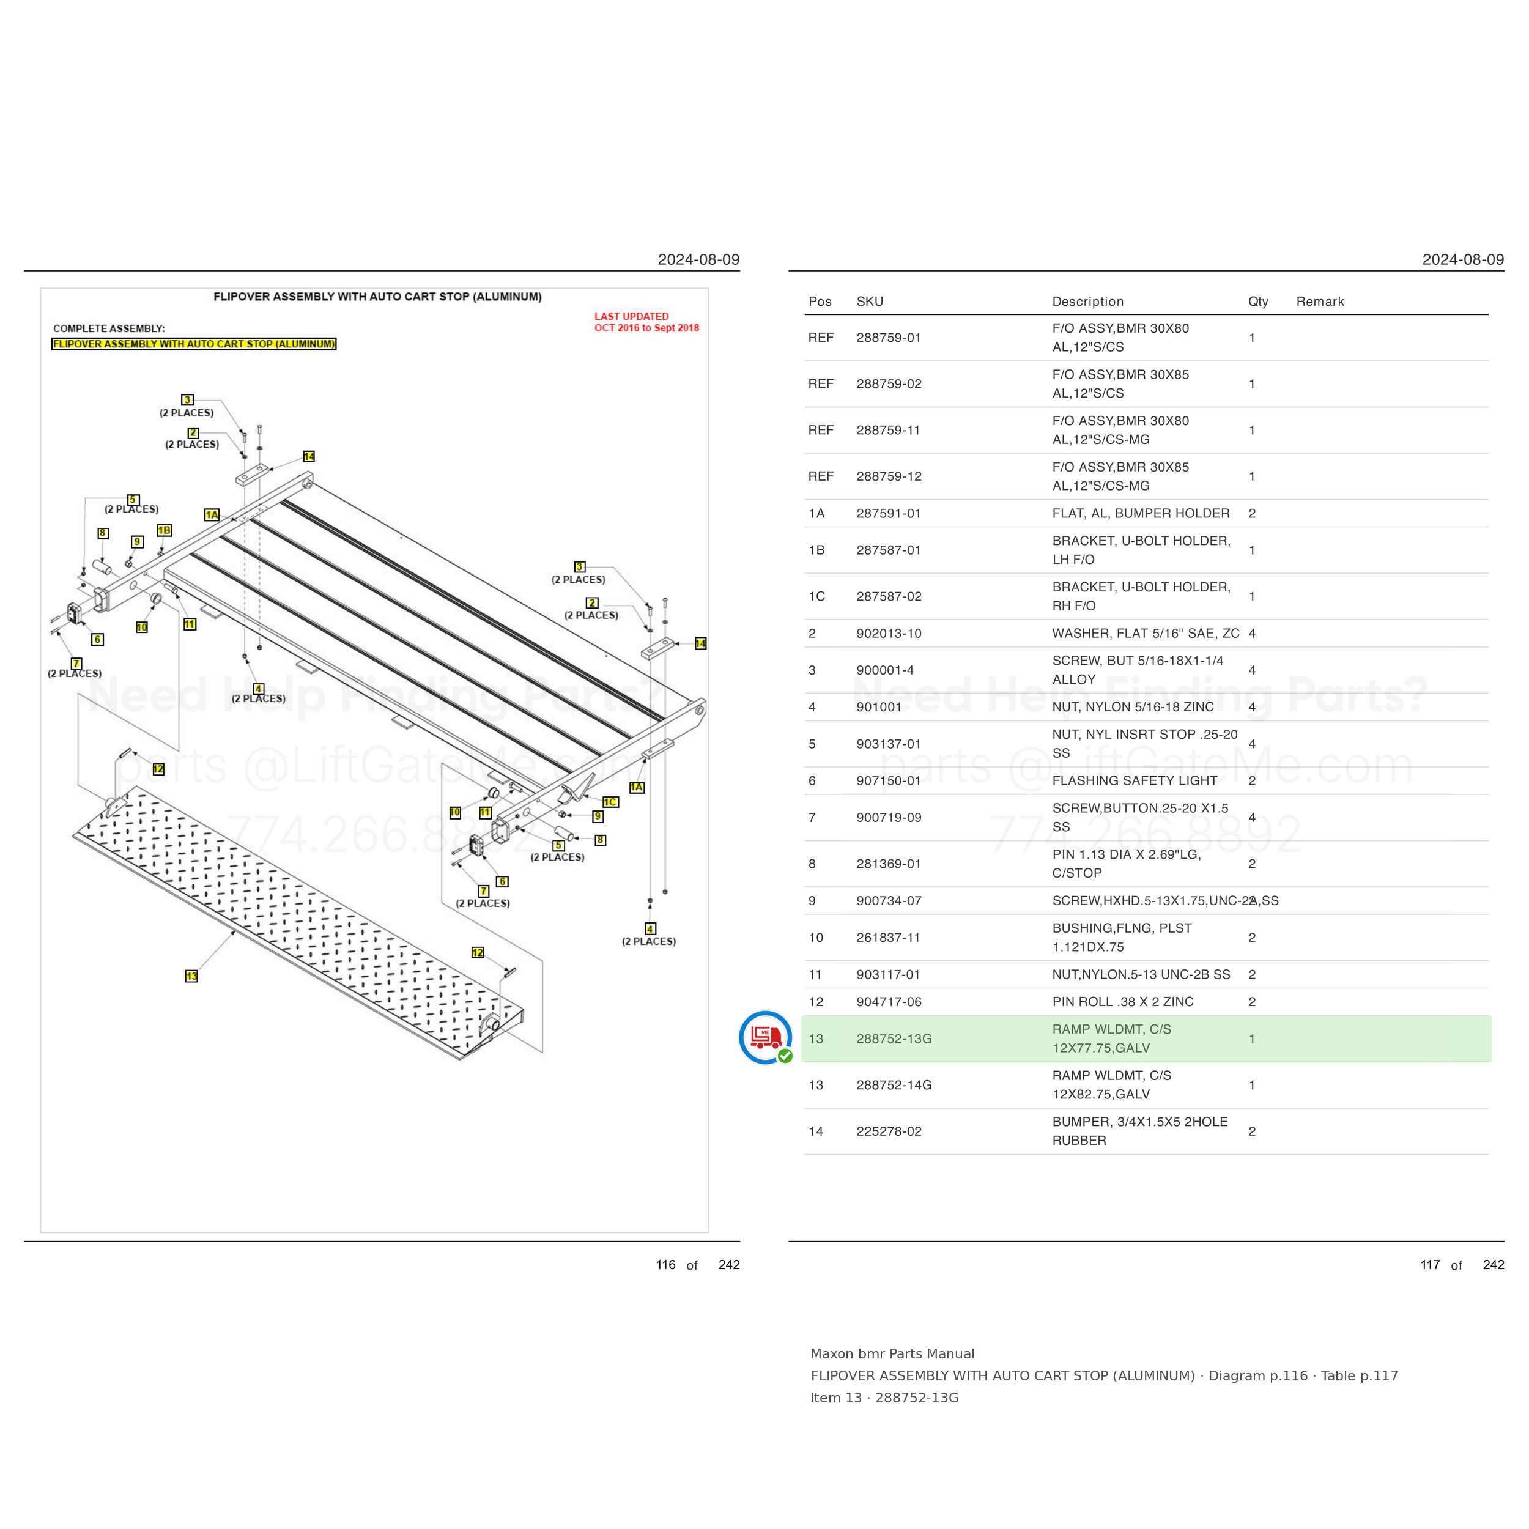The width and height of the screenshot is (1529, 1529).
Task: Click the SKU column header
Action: [x=870, y=302]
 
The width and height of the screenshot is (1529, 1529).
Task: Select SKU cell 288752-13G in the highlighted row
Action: [x=894, y=1038]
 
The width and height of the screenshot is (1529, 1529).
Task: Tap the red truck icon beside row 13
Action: [x=765, y=1037]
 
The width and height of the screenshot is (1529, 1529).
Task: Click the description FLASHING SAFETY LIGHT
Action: [x=1134, y=780]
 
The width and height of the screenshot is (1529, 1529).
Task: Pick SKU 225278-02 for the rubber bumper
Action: [x=889, y=1131]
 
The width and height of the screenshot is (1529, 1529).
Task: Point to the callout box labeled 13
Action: [x=191, y=976]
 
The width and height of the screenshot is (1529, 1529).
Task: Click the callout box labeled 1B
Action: [x=164, y=530]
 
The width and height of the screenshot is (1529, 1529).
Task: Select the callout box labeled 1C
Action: [x=610, y=802]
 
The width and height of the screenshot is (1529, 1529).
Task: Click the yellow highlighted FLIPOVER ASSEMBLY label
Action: [x=194, y=344]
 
